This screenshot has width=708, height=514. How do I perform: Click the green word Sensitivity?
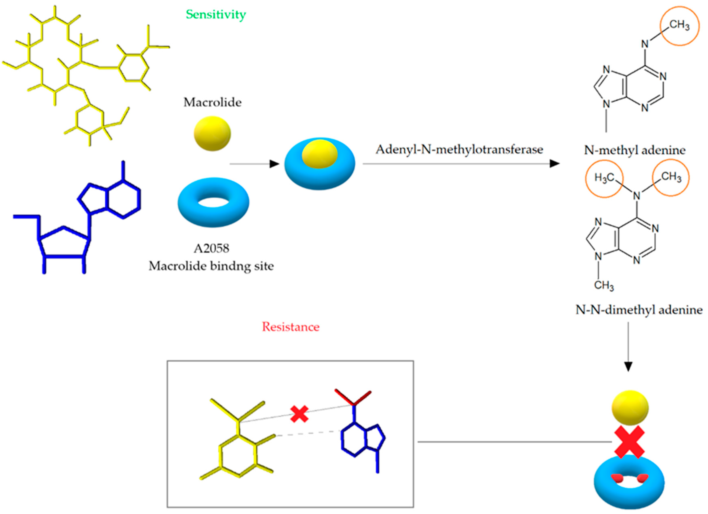(x=216, y=14)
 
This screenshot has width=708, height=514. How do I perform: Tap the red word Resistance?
(x=291, y=327)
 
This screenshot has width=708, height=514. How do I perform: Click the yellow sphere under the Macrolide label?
(x=212, y=134)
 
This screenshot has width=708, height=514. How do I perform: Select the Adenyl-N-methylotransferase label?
(x=459, y=150)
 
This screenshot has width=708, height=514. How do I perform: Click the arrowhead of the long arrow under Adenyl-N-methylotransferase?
(x=554, y=163)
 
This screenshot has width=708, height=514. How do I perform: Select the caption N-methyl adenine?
(x=635, y=150)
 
